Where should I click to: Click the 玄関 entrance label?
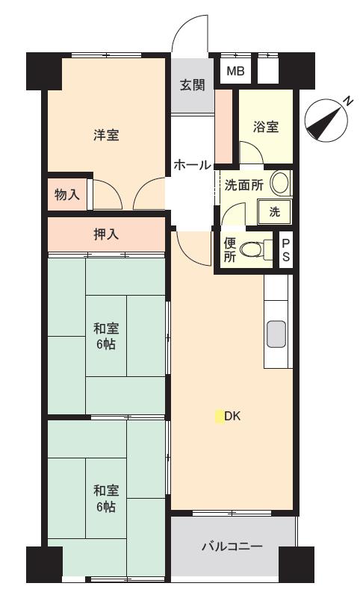tap(192, 84)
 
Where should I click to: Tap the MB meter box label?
tap(235, 71)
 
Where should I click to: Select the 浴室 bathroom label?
tap(266, 126)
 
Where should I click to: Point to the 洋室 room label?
tap(106, 134)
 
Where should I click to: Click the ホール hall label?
tap(192, 165)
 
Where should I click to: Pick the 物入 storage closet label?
tap(67, 195)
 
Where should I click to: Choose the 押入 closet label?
tap(106, 234)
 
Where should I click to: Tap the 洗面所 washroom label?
tap(244, 185)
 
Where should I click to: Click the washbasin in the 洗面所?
tap(280, 183)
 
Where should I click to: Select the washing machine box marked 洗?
tap(275, 212)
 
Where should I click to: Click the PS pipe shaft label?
tap(286, 250)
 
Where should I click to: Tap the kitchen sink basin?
tap(276, 334)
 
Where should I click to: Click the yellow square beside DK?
tap(220, 417)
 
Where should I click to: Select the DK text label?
tap(232, 417)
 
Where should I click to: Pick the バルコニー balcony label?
tap(232, 546)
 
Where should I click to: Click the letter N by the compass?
tap(347, 101)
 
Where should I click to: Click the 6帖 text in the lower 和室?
tap(106, 507)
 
